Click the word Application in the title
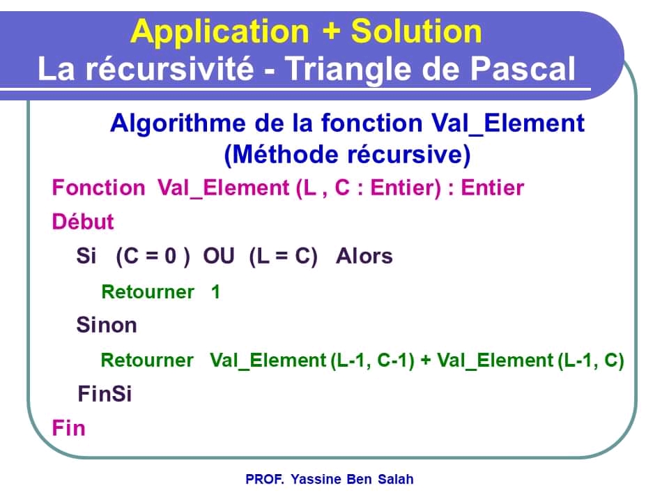(219, 31)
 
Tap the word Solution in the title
(416, 31)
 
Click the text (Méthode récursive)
(347, 154)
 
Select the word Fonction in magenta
(98, 188)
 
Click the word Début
(83, 222)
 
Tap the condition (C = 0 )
(153, 257)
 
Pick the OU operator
(219, 257)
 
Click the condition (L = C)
(283, 257)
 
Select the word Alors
(364, 257)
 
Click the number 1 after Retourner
(215, 291)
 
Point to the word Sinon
(107, 325)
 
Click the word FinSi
(105, 394)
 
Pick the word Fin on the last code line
(68, 427)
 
